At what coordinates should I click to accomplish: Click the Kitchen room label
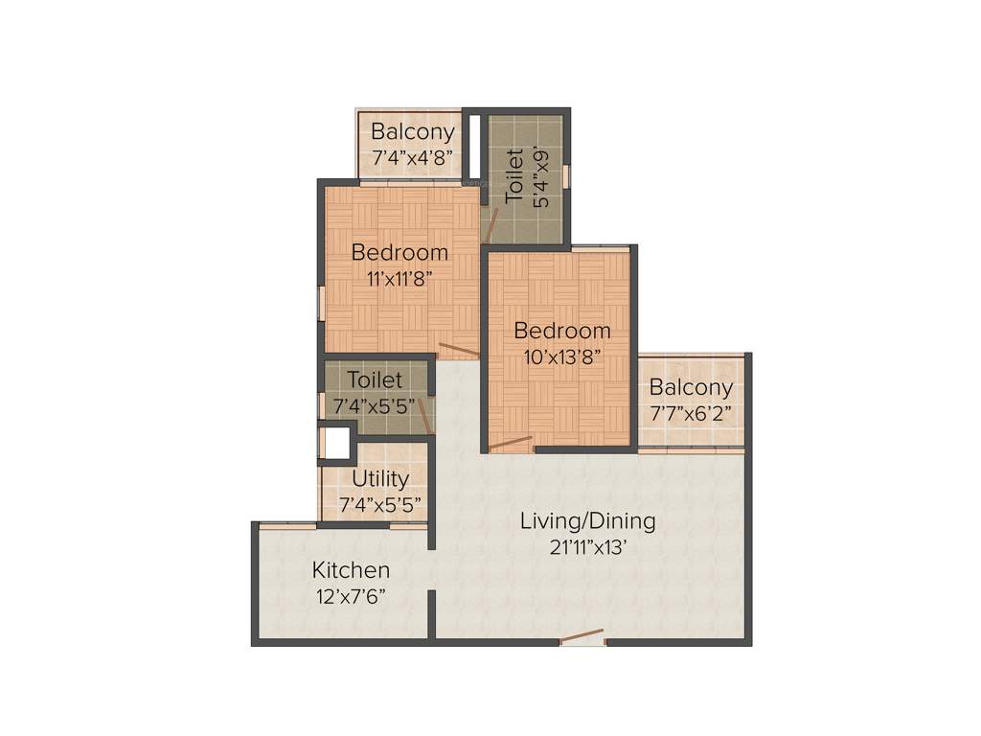(x=351, y=570)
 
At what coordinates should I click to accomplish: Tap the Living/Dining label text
(x=587, y=521)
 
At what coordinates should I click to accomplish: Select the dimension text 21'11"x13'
(x=587, y=548)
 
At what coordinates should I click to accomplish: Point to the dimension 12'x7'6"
(x=351, y=596)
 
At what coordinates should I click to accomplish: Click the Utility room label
(x=380, y=478)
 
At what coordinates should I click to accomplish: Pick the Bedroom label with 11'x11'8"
(x=399, y=253)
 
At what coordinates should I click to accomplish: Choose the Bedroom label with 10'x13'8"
(x=562, y=331)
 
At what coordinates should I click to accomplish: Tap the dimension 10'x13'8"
(x=562, y=357)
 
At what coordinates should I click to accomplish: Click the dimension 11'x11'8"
(x=399, y=279)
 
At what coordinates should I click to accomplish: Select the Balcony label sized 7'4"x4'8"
(x=413, y=131)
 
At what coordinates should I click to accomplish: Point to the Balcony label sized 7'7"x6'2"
(x=691, y=387)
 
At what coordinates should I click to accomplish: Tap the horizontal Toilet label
(x=375, y=380)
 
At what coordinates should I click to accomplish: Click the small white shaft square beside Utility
(x=335, y=443)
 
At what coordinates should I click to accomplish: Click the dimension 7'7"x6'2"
(x=691, y=414)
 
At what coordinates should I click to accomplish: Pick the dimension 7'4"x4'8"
(x=413, y=157)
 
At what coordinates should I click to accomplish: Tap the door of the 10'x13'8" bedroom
(x=510, y=443)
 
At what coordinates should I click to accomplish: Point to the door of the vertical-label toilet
(x=490, y=225)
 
